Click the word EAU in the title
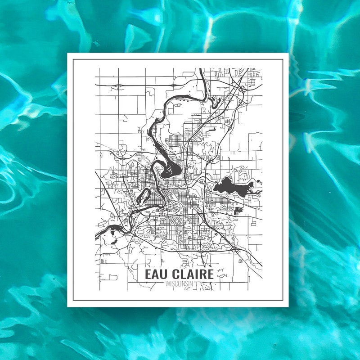[156, 274]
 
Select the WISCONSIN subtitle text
[179, 284]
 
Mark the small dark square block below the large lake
[238, 210]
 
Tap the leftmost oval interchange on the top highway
[118, 85]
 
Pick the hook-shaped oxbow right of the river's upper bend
[215, 102]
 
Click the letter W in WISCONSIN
[167, 284]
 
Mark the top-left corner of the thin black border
[73, 59]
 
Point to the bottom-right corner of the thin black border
[283, 301]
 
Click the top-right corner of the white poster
[288, 54]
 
